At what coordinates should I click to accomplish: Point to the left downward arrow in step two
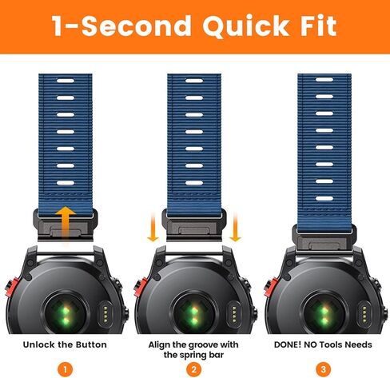pos(152,230)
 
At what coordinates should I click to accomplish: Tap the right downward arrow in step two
pos(237,230)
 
